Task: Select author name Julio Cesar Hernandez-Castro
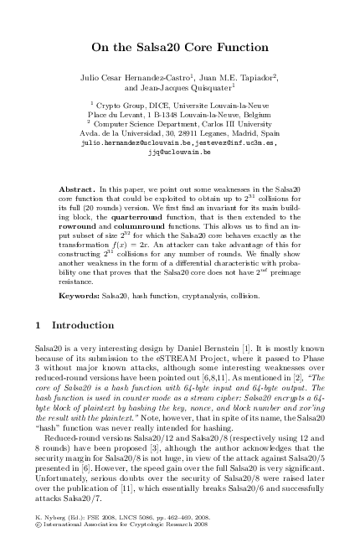[138, 76]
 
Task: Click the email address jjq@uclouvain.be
[179, 152]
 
